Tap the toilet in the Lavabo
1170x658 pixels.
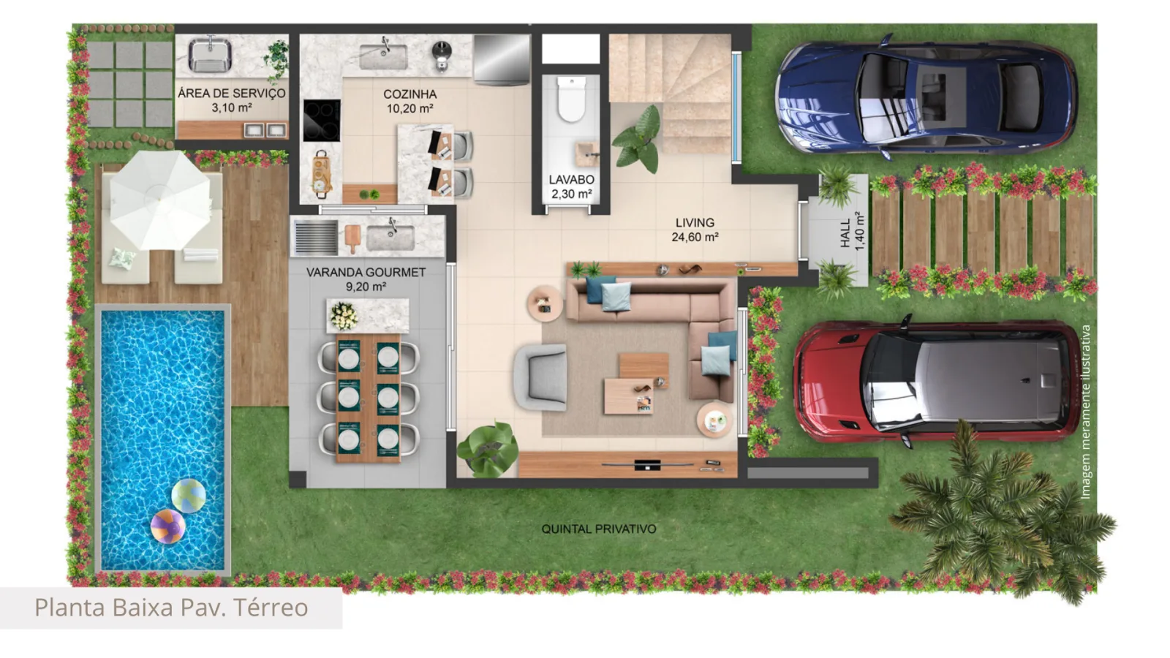click(571, 98)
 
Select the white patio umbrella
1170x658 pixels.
click(160, 200)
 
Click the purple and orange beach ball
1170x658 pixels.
click(167, 526)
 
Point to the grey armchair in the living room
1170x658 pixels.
click(541, 377)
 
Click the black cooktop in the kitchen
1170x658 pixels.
click(322, 120)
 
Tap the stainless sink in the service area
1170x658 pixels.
click(210, 55)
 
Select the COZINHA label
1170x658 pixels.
click(410, 94)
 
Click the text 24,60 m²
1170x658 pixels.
click(695, 237)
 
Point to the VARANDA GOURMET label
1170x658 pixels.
click(366, 272)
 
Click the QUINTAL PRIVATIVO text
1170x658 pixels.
click(599, 529)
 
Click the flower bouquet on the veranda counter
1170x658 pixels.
click(344, 316)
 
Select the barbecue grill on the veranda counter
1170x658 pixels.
click(315, 238)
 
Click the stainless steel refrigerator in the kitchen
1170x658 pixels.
click(502, 59)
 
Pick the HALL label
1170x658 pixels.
click(845, 233)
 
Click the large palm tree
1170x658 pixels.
click(1000, 517)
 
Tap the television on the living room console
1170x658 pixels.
click(648, 464)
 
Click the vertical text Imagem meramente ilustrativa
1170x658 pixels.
click(1085, 412)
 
